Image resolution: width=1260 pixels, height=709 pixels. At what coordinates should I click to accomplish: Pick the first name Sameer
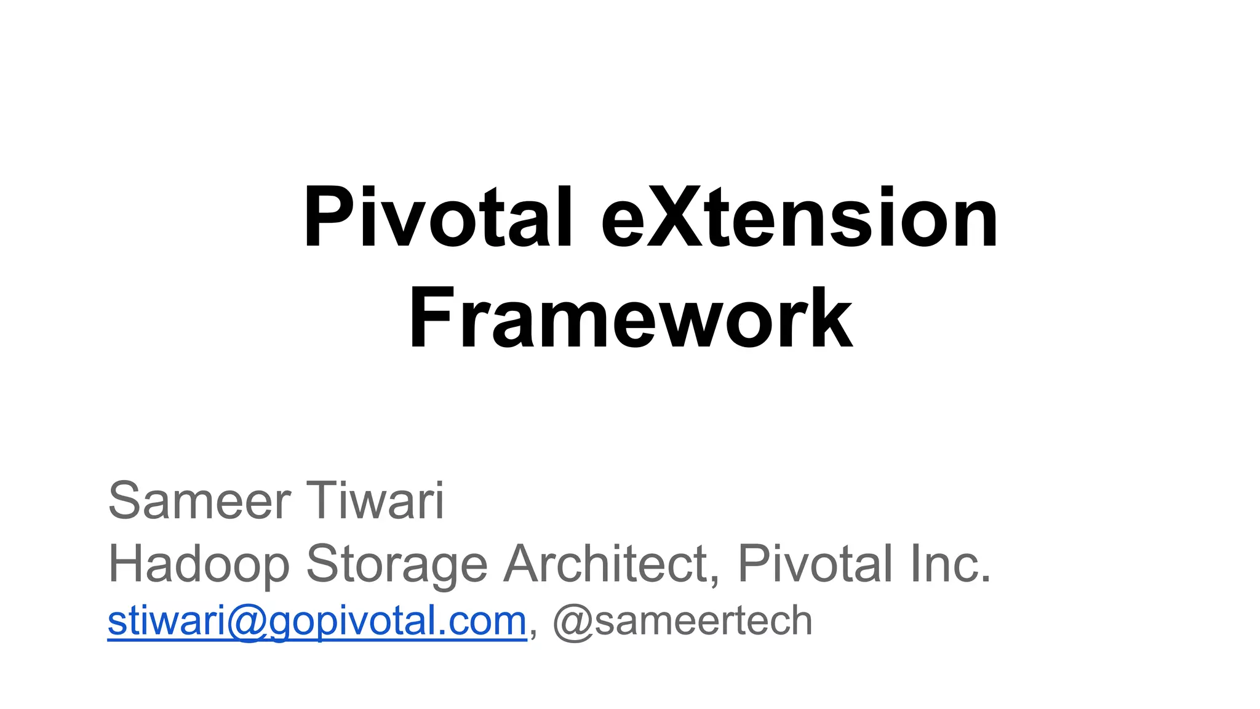(x=199, y=501)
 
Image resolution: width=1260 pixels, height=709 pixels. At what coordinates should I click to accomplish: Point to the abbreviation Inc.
(x=951, y=564)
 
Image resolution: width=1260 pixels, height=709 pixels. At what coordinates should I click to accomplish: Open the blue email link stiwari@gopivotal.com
(x=317, y=622)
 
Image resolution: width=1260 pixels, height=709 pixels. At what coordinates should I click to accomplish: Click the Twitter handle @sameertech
(x=682, y=622)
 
